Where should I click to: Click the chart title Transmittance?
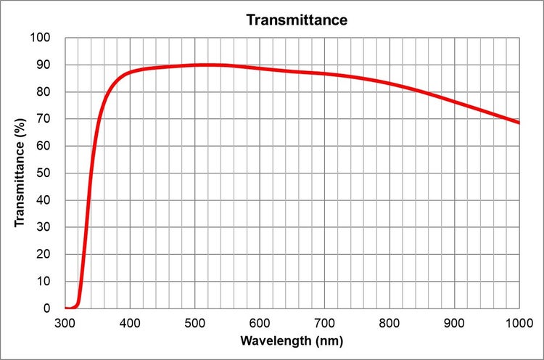297,20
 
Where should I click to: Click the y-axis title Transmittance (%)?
22,173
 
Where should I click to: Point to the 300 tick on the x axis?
65,322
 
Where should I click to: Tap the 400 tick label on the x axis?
130,322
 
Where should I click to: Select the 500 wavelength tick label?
194,322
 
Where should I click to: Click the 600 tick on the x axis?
260,322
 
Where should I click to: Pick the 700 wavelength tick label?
324,322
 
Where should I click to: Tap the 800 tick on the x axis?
390,322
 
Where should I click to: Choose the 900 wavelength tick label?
454,322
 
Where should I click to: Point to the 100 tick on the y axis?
41,38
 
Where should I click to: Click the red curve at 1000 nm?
519,122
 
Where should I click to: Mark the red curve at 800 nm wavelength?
390,83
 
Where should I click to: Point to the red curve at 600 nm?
260,69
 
